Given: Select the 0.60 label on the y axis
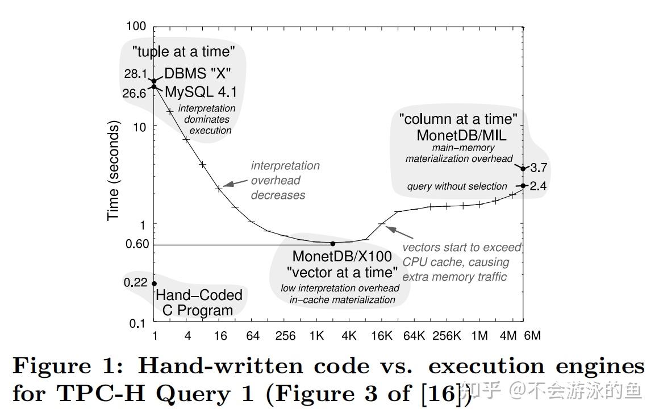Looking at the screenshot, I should pyautogui.click(x=136, y=244).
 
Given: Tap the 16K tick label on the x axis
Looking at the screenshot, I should pyautogui.click(x=381, y=336).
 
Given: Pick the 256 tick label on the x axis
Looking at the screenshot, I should pyautogui.click(x=285, y=336).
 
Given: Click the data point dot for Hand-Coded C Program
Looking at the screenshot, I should pyautogui.click(x=154, y=283).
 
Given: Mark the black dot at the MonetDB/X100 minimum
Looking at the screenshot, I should pyautogui.click(x=333, y=244).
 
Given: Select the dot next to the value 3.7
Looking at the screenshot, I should pyautogui.click(x=523, y=168).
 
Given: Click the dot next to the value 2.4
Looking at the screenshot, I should pyautogui.click(x=523, y=186).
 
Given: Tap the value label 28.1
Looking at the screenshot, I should pyautogui.click(x=136, y=74).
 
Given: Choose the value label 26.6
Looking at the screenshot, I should pyautogui.click(x=134, y=93).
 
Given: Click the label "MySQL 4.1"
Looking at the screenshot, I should pyautogui.click(x=201, y=92).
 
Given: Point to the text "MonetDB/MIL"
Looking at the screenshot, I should pyautogui.click(x=461, y=135).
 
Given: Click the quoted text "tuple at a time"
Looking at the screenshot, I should pyautogui.click(x=183, y=52).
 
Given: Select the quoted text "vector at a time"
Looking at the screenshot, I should pyautogui.click(x=342, y=272).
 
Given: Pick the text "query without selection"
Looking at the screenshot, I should pyautogui.click(x=457, y=186).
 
